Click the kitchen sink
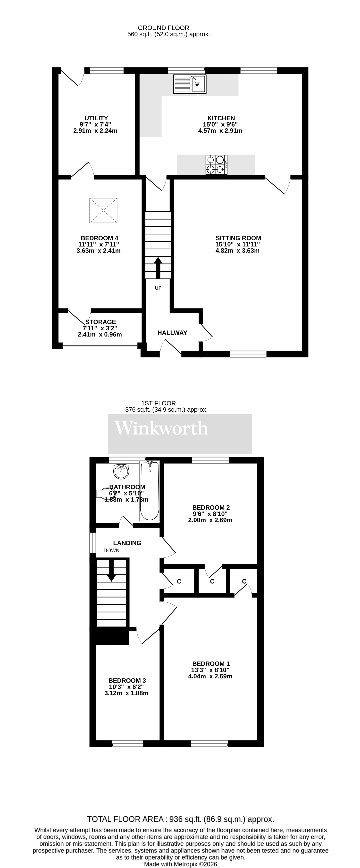pyautogui.click(x=189, y=84)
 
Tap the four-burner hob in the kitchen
pyautogui.click(x=216, y=165)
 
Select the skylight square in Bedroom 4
pyautogui.click(x=103, y=210)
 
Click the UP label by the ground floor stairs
pyautogui.click(x=158, y=288)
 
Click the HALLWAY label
pyautogui.click(x=172, y=333)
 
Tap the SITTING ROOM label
pyautogui.click(x=238, y=238)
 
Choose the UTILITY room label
pyautogui.click(x=96, y=118)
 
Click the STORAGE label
pyautogui.click(x=100, y=322)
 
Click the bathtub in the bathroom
pyautogui.click(x=150, y=491)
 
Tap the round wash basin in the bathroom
pyautogui.click(x=121, y=471)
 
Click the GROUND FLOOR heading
pyautogui.click(x=163, y=28)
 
